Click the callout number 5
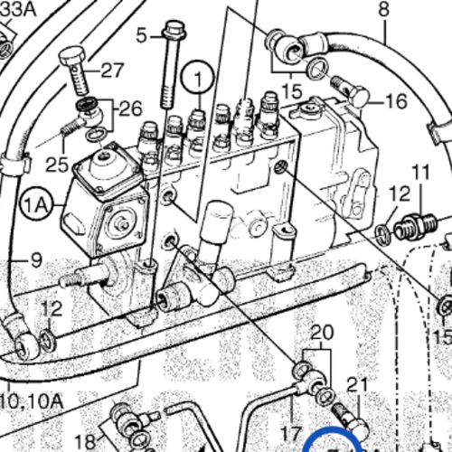(141, 36)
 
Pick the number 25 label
(57, 165)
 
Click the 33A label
(17, 8)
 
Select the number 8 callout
(383, 10)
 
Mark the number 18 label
(84, 440)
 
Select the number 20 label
(321, 331)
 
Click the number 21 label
(358, 385)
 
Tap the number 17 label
(291, 432)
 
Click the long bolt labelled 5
(170, 68)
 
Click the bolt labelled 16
(350, 88)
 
